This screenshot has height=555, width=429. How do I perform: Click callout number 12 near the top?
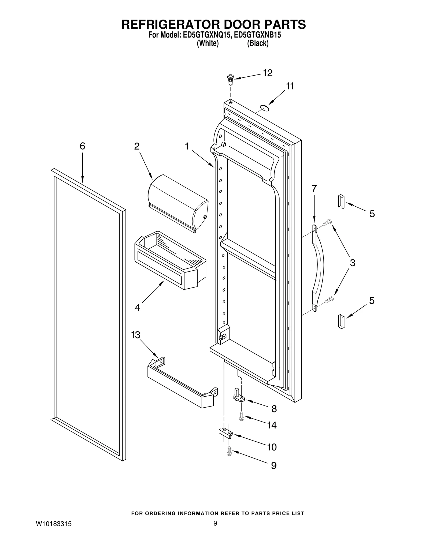267,73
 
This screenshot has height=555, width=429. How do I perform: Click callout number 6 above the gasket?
82,146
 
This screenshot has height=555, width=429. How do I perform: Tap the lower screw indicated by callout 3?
329,299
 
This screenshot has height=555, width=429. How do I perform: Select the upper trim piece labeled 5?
341,201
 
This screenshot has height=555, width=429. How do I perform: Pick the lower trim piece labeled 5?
341,321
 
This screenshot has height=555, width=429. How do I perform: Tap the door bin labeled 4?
170,260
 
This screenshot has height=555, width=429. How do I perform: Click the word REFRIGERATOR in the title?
167,24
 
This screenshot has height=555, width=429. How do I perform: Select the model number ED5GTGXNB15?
258,35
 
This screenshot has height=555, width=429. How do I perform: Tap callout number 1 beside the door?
187,146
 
